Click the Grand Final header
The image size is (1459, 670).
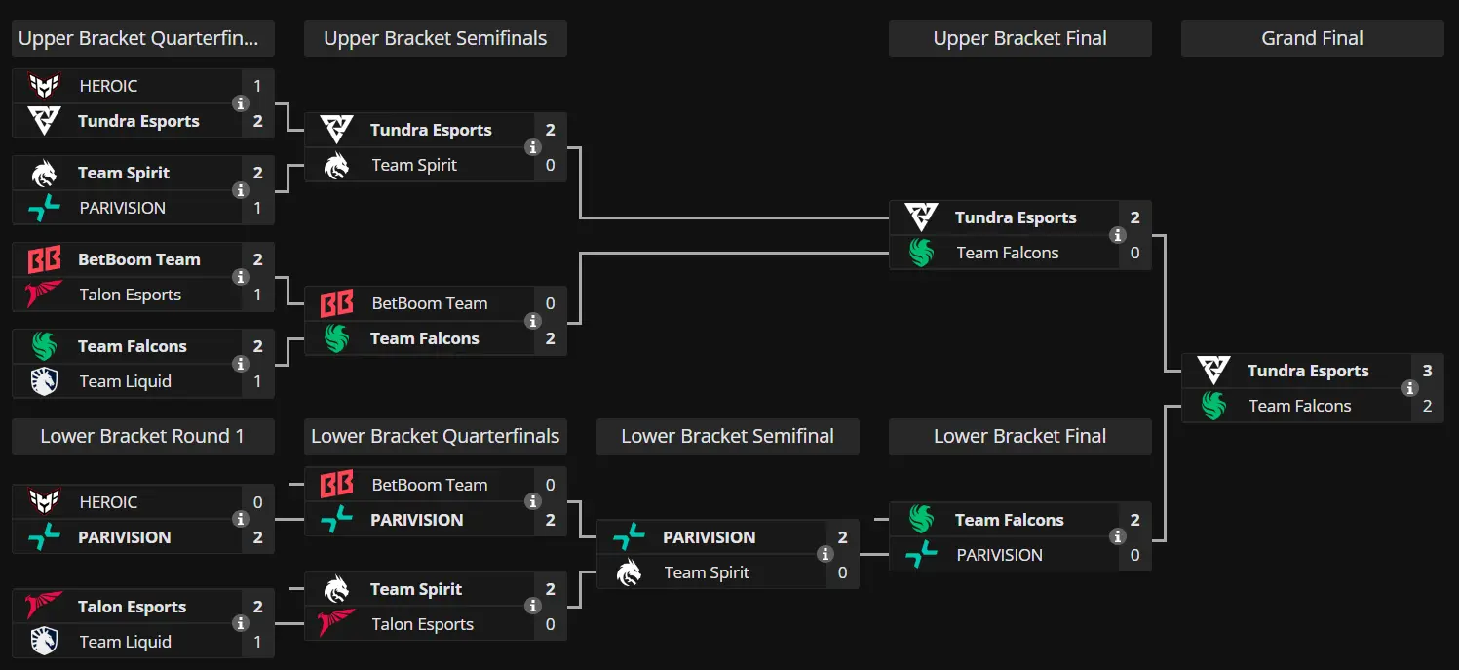pos(1312,38)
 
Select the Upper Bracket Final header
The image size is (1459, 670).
pos(1020,38)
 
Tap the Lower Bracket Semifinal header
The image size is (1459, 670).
pos(727,436)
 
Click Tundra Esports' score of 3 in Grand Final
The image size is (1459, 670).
pos(1427,371)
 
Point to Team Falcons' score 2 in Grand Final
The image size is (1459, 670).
pos(1427,406)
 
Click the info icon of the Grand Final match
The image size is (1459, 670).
pos(1410,388)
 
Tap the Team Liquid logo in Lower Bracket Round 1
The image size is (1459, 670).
pos(44,642)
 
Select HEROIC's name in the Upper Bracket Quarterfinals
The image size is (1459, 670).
pos(108,86)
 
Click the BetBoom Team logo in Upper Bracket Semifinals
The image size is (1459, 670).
pos(337,303)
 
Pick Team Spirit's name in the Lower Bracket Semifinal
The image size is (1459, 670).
pos(707,572)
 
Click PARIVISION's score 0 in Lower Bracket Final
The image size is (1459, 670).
pos(1134,555)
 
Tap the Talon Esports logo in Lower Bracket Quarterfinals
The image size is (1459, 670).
pos(336,623)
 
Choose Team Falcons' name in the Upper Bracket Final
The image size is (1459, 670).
pos(1008,253)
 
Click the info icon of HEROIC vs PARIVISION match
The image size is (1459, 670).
pos(241,519)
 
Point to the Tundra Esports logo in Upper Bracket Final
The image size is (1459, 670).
pos(921,217)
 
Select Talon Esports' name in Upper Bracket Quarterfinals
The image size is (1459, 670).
pos(131,296)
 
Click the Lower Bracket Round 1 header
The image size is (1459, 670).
pos(142,436)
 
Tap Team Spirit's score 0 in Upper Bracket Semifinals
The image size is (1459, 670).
pos(551,166)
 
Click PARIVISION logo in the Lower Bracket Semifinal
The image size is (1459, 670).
pos(630,537)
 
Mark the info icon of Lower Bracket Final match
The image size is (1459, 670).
pos(1118,536)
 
